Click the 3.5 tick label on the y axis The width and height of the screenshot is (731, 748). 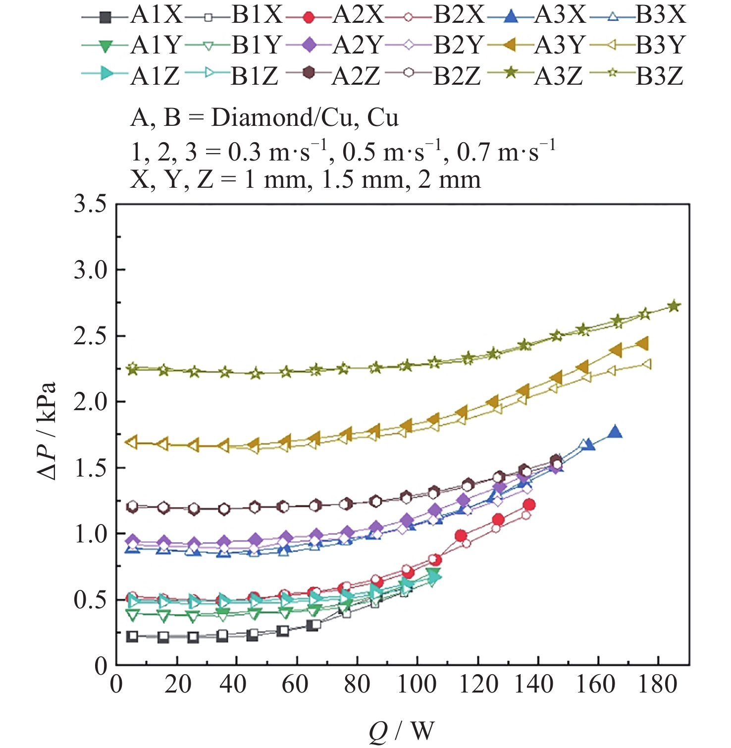pos(91,204)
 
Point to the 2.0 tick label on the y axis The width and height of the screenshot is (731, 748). pos(91,402)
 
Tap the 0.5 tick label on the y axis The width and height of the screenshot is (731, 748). pos(91,600)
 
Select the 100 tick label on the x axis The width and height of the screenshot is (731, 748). pos(417,685)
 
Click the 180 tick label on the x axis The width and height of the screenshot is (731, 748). pos(658,685)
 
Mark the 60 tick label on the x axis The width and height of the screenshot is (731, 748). pos(296,685)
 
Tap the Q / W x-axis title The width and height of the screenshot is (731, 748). pos(402,731)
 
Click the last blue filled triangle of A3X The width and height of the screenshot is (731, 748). pos(615,432)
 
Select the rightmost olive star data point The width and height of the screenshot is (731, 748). pos(674,306)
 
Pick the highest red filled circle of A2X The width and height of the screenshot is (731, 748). pos(529,505)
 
